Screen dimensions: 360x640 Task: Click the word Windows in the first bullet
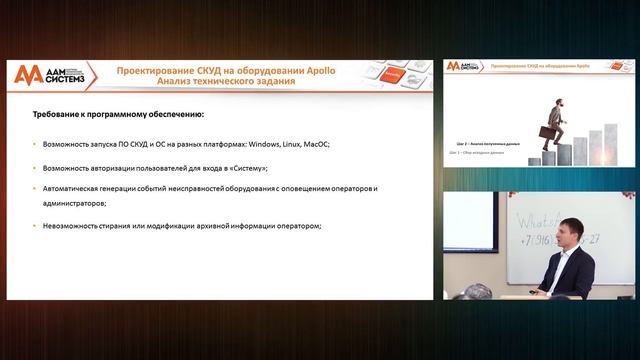[x=265, y=144]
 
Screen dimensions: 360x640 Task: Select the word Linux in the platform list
[x=296, y=144]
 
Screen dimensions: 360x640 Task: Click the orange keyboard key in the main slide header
[x=393, y=75]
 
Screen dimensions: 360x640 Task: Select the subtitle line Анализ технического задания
[x=222, y=82]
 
